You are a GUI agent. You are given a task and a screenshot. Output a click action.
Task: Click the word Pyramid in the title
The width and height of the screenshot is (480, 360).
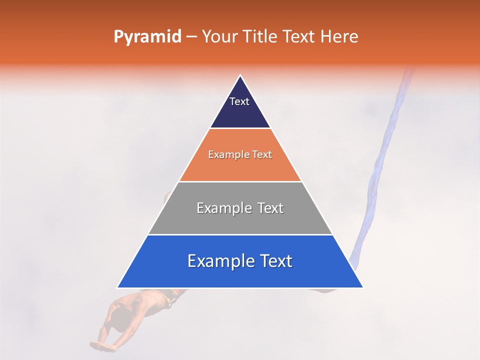[147, 37]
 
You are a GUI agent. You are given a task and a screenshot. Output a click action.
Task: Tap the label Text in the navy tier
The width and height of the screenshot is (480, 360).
[239, 101]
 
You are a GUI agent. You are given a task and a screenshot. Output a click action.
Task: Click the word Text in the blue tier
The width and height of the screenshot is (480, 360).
[274, 261]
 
